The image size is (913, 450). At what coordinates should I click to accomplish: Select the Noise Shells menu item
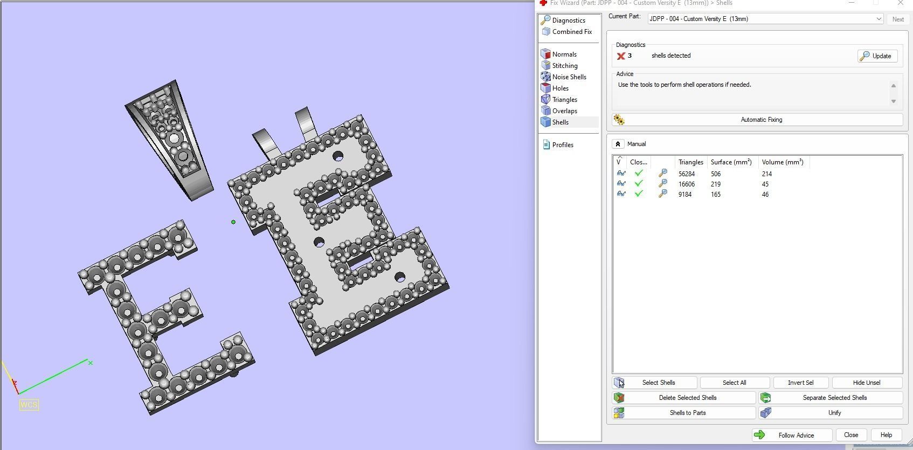pyautogui.click(x=569, y=77)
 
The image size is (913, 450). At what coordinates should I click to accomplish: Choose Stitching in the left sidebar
pyautogui.click(x=564, y=66)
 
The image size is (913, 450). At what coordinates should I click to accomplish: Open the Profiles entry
pyautogui.click(x=562, y=145)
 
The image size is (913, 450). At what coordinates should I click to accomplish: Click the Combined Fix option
pyautogui.click(x=571, y=32)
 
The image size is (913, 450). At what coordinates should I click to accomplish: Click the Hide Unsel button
pyautogui.click(x=867, y=383)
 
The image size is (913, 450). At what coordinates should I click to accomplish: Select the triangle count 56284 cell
pyautogui.click(x=686, y=174)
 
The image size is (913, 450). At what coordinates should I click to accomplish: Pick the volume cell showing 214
pyautogui.click(x=766, y=174)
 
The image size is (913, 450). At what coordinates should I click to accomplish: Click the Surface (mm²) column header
pyautogui.click(x=731, y=162)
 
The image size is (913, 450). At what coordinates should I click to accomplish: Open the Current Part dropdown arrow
pyautogui.click(x=879, y=19)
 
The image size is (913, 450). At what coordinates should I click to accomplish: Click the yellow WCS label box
pyautogui.click(x=29, y=405)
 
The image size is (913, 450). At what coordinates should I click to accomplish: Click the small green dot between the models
pyautogui.click(x=233, y=221)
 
